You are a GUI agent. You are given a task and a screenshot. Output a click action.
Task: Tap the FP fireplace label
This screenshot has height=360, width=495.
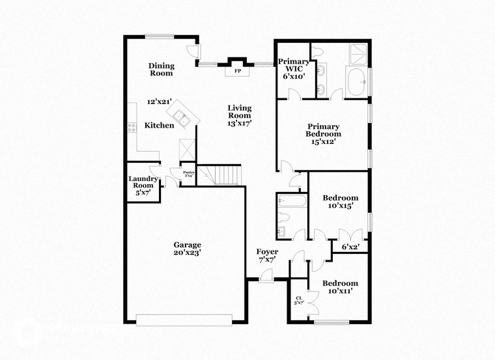(x=238, y=70)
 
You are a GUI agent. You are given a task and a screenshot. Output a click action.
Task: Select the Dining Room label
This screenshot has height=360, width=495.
(x=160, y=69)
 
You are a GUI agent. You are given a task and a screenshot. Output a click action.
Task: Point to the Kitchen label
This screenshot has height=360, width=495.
(x=159, y=125)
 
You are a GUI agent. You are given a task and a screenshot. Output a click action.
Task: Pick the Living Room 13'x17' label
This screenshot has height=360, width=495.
(x=239, y=115)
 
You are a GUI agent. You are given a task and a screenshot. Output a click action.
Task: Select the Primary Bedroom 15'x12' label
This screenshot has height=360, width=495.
(x=324, y=134)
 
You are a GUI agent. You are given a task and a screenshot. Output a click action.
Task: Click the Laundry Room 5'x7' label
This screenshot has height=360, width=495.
(x=143, y=186)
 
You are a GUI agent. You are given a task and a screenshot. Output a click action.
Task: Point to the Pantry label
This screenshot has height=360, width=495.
(x=188, y=174)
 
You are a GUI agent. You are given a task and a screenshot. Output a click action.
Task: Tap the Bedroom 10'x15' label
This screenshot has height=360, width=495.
(x=341, y=202)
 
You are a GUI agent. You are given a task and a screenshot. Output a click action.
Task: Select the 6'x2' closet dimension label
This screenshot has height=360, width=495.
(x=350, y=247)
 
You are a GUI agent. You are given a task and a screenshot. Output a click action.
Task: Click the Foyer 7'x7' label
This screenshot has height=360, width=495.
(x=267, y=256)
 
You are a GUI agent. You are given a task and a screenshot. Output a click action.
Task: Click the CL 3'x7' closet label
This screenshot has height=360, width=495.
(x=299, y=300)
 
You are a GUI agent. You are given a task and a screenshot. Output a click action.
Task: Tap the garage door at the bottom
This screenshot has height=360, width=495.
(x=184, y=319)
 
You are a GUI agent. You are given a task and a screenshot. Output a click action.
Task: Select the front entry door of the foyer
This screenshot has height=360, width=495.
(x=266, y=278)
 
